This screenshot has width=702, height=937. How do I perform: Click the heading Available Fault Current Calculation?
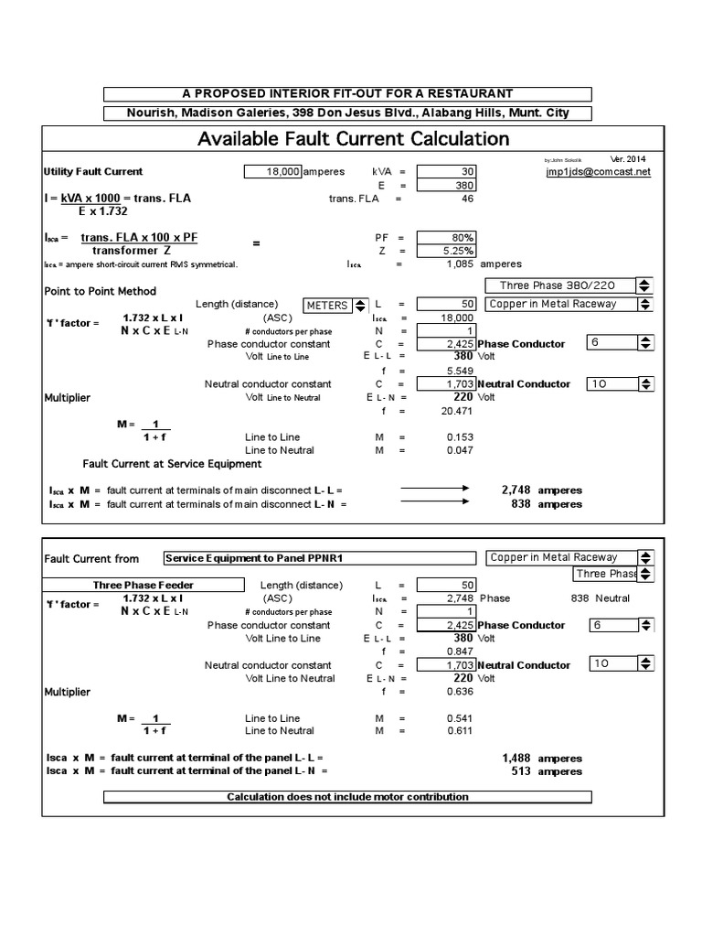(x=354, y=139)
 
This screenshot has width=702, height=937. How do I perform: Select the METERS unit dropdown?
(x=335, y=305)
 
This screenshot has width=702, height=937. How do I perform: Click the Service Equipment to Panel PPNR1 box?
(x=319, y=558)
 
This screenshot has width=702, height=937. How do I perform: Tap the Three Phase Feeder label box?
(x=132, y=585)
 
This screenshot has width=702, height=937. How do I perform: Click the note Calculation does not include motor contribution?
(x=347, y=797)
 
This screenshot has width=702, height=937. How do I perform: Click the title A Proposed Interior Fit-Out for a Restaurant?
(x=347, y=93)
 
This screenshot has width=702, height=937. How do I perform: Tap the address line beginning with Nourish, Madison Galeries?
(x=347, y=113)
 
